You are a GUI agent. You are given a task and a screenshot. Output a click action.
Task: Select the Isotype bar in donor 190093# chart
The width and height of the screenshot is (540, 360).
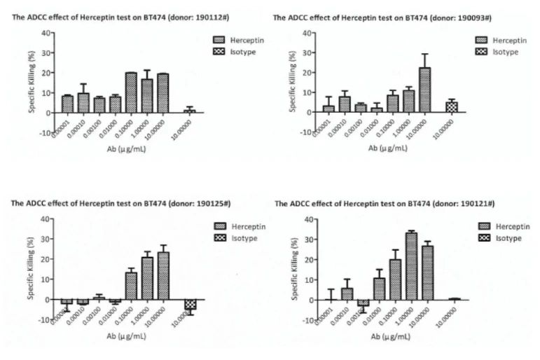pyautogui.click(x=451, y=107)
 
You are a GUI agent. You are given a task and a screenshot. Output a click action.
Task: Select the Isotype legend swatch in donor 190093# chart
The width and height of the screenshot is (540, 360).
pyautogui.click(x=483, y=52)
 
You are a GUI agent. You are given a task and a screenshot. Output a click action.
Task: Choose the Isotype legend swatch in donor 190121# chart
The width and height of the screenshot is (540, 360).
pyautogui.click(x=485, y=238)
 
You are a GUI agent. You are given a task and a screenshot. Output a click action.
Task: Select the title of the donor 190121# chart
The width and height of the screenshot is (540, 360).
pyautogui.click(x=385, y=203)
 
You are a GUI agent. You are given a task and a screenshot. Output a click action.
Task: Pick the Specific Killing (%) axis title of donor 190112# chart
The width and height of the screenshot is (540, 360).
pyautogui.click(x=32, y=83)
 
